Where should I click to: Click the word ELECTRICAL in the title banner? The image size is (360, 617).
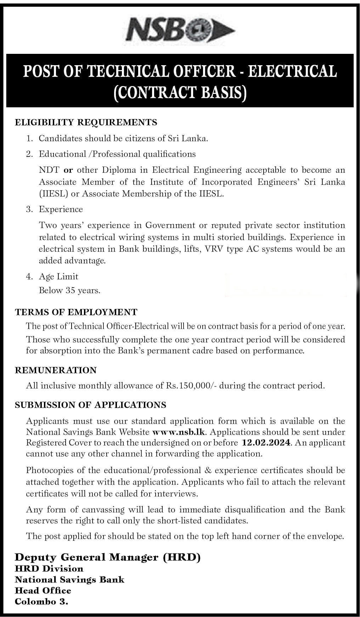[293, 71]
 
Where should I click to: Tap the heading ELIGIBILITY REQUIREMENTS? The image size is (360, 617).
[86, 123]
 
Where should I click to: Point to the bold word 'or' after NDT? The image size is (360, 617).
[68, 170]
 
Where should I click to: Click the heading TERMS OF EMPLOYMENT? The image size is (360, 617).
[76, 312]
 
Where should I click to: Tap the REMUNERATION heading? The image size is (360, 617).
[56, 370]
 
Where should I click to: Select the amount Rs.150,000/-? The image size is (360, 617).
[192, 386]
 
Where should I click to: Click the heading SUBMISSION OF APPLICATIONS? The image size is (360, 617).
[90, 405]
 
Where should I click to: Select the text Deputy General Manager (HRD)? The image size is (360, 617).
[108, 557]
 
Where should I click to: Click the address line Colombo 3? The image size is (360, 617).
[41, 601]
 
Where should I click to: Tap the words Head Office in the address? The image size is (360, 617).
[43, 590]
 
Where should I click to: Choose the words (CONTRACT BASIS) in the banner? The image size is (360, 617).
[180, 92]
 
